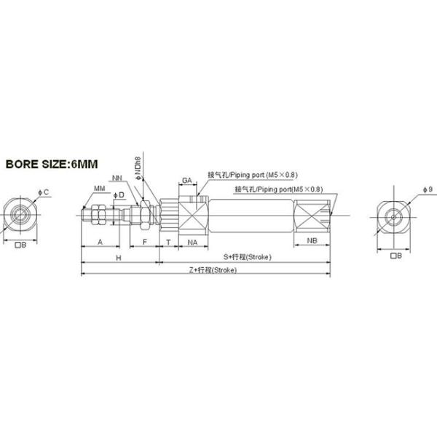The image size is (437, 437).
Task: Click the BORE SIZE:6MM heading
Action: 51,164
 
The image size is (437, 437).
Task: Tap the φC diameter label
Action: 44,192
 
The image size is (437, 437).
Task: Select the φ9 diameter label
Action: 427,189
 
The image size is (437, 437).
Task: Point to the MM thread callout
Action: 99,189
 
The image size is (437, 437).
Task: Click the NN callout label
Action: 117,177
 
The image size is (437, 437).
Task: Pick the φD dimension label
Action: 119,194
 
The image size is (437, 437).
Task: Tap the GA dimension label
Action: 186,179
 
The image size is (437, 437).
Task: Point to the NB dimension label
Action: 311,240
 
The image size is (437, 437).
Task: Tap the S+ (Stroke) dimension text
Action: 247,257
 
